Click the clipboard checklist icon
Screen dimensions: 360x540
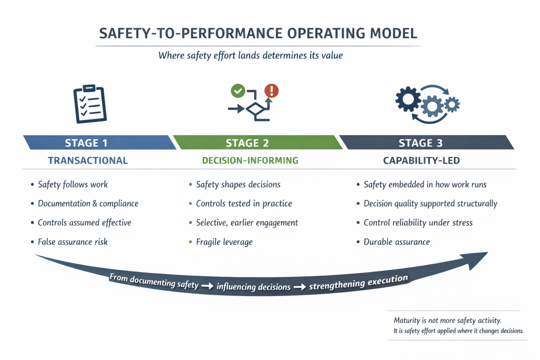(x=90, y=104)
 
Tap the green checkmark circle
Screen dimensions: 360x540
(x=238, y=91)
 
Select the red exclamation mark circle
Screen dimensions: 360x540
(x=271, y=91)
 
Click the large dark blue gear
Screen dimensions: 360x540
(x=408, y=99)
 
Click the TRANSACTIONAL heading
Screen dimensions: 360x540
(x=88, y=160)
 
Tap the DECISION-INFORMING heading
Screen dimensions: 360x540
(x=250, y=160)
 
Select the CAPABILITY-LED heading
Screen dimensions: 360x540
(x=421, y=160)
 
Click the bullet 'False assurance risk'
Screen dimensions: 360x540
(x=73, y=242)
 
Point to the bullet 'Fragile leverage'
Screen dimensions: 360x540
(x=224, y=242)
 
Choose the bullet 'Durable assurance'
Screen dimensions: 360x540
(x=397, y=242)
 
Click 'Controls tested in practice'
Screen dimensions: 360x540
(x=244, y=204)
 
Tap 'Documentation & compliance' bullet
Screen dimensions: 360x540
(x=88, y=204)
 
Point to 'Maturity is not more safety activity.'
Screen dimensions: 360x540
(x=447, y=320)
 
